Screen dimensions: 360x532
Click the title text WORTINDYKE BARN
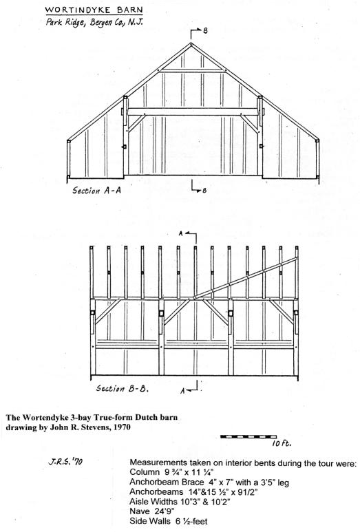point(94,10)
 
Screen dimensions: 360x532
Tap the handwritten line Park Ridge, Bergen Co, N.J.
point(95,23)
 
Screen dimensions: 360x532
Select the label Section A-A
point(96,190)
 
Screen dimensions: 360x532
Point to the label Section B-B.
point(122,388)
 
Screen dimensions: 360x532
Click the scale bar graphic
point(248,436)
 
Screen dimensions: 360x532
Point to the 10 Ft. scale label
point(282,443)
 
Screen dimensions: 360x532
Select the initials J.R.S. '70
point(65,461)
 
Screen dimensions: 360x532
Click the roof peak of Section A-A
point(191,43)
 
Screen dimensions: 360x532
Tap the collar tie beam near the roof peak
point(192,71)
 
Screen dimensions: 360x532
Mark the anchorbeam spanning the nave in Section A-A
point(193,111)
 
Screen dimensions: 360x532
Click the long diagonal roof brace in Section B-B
point(245,278)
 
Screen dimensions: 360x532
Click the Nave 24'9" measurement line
point(151,511)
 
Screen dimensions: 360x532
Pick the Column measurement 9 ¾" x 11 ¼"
point(171,472)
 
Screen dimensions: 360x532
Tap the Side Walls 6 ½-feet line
point(168,521)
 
